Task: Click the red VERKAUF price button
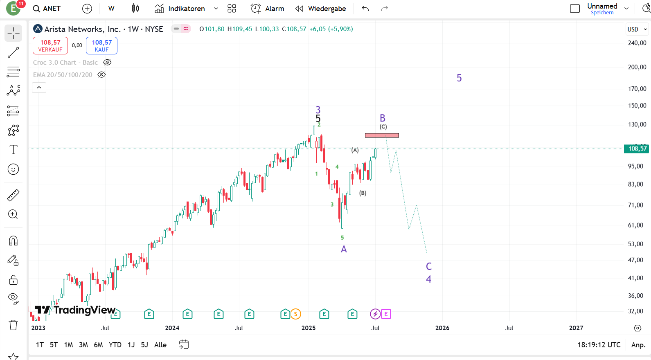[50, 45]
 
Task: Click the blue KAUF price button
[101, 45]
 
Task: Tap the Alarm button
[268, 9]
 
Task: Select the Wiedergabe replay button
[321, 9]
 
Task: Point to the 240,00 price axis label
[637, 43]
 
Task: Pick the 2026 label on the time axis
[442, 328]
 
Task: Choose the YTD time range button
[115, 345]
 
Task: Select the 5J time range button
[144, 345]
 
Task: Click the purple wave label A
[344, 249]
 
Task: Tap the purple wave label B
[383, 118]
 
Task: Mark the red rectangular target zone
[382, 135]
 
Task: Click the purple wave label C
[429, 266]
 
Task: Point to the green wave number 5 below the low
[342, 238]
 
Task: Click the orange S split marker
[295, 314]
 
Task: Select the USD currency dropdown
[637, 29]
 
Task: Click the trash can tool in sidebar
[14, 325]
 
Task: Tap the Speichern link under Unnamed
[602, 13]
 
